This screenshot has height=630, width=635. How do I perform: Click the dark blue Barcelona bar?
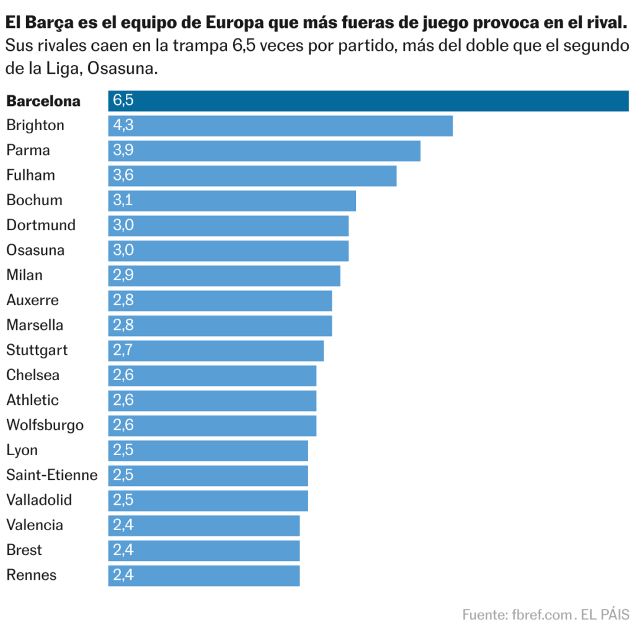[x=368, y=100]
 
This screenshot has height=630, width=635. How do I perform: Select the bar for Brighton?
[x=280, y=125]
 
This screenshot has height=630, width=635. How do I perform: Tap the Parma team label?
[x=28, y=150]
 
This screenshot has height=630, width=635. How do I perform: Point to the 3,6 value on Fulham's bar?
[x=123, y=175]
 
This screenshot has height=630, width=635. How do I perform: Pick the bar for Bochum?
[x=232, y=200]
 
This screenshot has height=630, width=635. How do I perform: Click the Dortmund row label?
[x=41, y=225]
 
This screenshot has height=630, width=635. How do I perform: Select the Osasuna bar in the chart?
[x=228, y=251]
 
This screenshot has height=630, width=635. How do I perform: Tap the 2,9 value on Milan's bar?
[x=123, y=275]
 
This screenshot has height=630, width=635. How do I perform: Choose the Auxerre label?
[x=33, y=300]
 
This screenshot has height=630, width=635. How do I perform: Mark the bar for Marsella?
[x=220, y=326]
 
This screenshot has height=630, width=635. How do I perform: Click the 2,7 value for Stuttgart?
[x=123, y=350]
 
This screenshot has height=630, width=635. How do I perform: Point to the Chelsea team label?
[x=33, y=375]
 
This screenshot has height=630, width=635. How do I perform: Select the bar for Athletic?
[x=212, y=401]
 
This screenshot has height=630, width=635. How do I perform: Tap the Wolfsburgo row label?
[x=45, y=425]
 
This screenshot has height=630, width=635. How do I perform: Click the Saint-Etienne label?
[x=52, y=475]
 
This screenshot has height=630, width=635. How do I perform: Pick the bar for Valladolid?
[x=208, y=500]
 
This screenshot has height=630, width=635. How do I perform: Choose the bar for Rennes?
[x=204, y=575]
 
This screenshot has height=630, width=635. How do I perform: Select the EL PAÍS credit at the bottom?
[x=605, y=614]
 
